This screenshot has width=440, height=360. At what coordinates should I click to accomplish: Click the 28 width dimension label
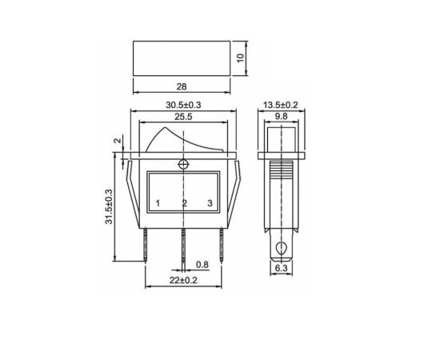coord(182,86)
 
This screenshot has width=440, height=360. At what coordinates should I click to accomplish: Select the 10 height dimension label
coord(241,58)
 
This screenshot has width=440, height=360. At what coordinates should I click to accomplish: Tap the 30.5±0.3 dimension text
coord(183,106)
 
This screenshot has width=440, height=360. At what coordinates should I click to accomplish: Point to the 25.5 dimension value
coord(183,117)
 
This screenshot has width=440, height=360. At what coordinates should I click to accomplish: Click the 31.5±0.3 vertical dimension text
coord(109,206)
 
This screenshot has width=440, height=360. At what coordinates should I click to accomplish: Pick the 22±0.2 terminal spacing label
coord(183,280)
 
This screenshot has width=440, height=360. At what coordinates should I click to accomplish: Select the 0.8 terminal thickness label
coord(202,265)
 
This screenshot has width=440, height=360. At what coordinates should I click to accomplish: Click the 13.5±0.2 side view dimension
coord(280,106)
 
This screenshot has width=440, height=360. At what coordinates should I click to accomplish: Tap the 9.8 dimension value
coord(281,117)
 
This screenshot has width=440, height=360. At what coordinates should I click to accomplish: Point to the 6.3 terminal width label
coord(281,268)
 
